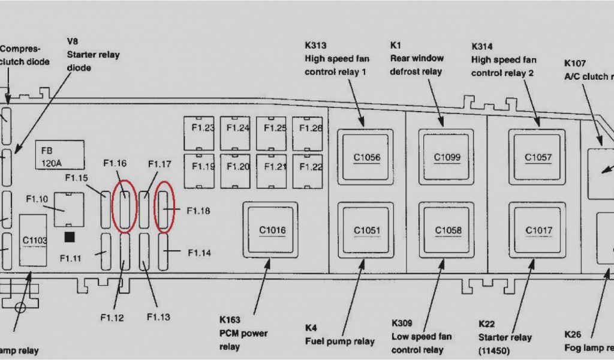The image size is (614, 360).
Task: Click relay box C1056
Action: point(366,157)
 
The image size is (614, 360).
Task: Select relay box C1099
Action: point(447,157)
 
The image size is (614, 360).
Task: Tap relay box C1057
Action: point(537,157)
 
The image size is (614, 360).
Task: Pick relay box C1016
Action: point(272,230)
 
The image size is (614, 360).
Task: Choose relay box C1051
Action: point(366,230)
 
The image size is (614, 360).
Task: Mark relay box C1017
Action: point(537,230)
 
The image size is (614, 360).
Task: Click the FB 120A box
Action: point(59,154)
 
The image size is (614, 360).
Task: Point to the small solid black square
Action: point(70,238)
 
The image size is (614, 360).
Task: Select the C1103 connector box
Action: point(35,241)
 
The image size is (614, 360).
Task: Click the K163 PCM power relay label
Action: point(243,333)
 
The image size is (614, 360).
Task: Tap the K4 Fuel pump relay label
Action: point(339,335)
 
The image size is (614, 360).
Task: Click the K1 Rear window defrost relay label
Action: point(416,58)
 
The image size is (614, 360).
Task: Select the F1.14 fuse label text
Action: point(198,253)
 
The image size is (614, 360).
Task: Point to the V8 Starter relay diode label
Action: point(93,55)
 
